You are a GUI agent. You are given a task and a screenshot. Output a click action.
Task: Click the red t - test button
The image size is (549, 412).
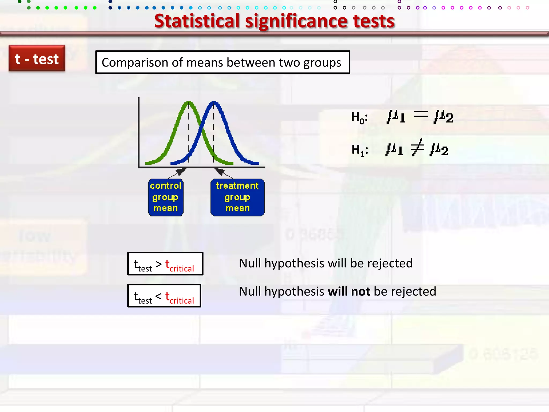point(37,58)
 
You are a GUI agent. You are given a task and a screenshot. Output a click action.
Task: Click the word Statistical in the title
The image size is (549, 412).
point(197,21)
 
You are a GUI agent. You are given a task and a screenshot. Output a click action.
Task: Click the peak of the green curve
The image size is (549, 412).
point(188,102)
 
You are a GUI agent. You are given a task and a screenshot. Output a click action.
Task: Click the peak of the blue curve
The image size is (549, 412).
point(214,102)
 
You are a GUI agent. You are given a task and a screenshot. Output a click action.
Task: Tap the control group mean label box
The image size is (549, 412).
point(166,197)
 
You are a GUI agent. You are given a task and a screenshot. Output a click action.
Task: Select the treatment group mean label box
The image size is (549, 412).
point(237,197)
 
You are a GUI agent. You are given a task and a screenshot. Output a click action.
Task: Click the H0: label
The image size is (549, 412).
point(359,117)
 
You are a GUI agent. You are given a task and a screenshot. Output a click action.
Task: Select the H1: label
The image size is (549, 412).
point(359,150)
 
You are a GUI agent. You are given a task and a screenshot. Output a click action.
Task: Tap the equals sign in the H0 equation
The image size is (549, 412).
point(421,115)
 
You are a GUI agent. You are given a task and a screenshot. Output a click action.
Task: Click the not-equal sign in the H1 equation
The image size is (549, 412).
point(418,147)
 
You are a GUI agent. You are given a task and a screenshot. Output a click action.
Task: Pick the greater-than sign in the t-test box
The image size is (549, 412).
point(158,264)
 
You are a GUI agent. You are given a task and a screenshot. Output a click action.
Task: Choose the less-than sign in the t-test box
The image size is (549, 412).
point(158,296)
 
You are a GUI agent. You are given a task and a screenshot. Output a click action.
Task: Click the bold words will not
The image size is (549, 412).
point(349,292)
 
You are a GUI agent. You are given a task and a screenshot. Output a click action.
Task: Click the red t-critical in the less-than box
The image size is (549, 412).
point(179,298)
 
